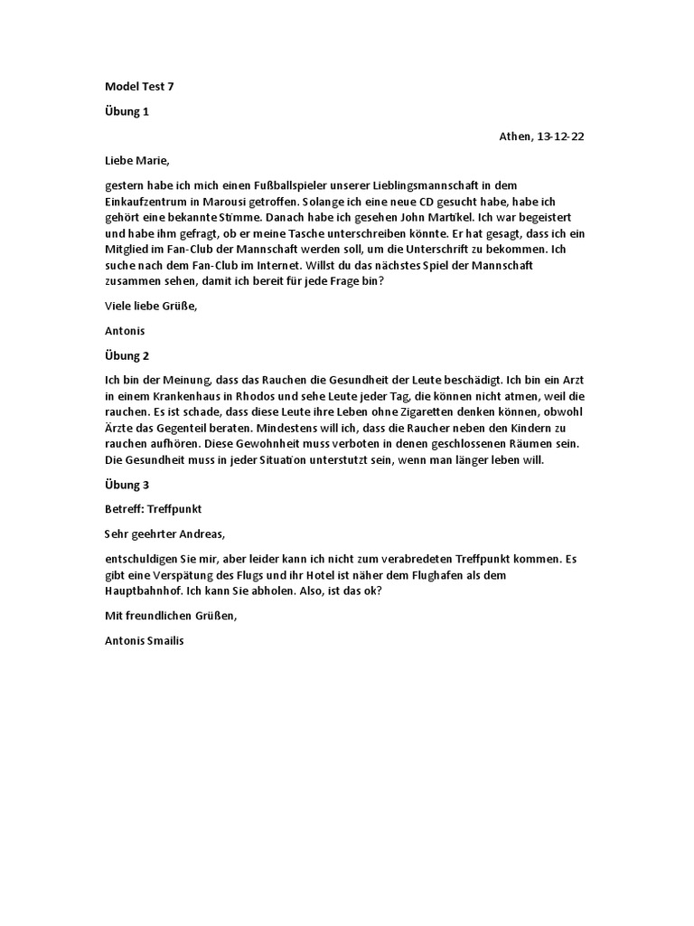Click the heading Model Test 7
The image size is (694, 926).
click(139, 87)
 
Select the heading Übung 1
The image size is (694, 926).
click(127, 111)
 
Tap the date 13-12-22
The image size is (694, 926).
click(565, 137)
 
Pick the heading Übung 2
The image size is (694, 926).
click(127, 356)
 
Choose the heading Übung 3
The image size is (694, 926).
click(127, 485)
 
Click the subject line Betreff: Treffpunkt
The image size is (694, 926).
click(160, 509)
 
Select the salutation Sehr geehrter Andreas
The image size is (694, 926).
click(164, 534)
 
